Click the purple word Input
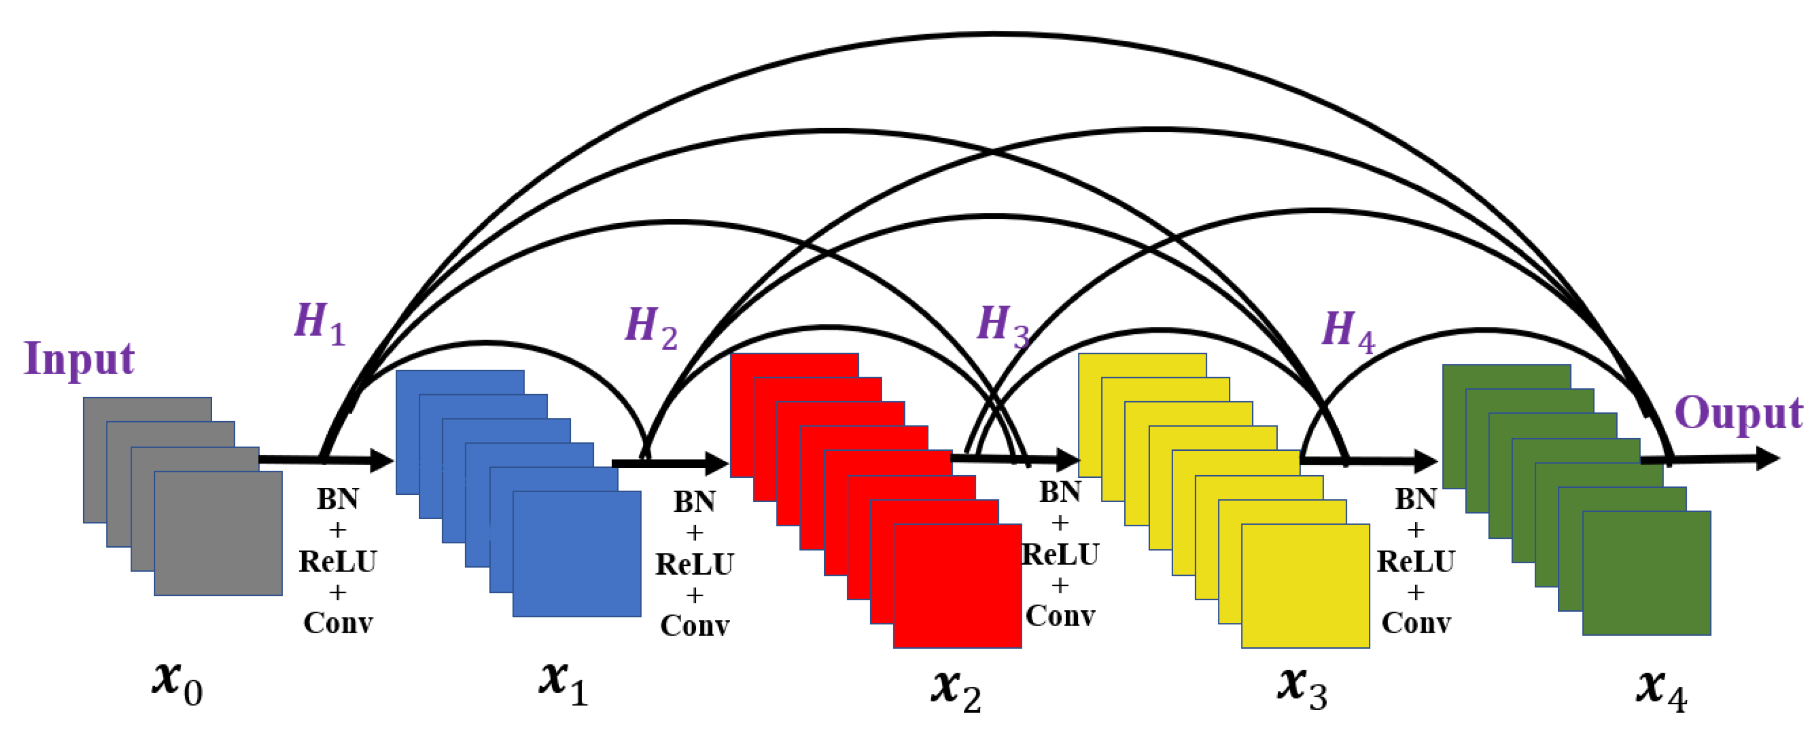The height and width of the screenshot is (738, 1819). coord(79,359)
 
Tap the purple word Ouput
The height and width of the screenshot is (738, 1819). coord(1738,413)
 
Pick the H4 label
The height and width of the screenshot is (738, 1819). coord(1348,331)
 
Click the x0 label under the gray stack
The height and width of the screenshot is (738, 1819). coord(176,683)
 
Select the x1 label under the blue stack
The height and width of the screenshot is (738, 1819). coord(563,683)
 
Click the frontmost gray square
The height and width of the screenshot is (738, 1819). coord(218,533)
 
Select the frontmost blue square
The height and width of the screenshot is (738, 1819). coord(577,554)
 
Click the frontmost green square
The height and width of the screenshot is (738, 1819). coord(1646,573)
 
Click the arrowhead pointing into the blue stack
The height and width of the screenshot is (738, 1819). coord(381,460)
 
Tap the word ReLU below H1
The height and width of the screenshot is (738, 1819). coord(338,562)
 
